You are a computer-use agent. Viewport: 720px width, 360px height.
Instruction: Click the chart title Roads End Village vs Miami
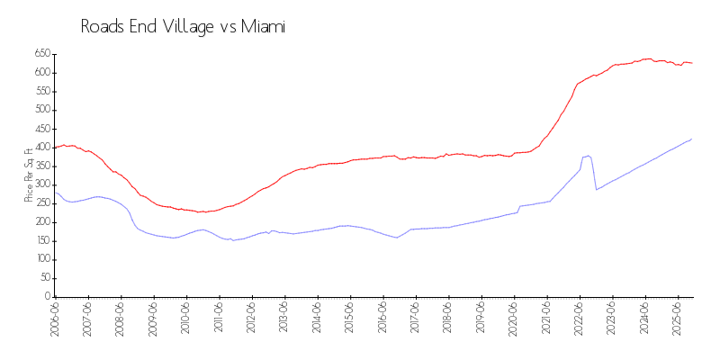pos(183,27)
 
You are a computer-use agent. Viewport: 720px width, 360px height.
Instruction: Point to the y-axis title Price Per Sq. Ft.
pos(29,175)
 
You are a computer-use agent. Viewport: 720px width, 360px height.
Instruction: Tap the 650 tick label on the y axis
pos(41,54)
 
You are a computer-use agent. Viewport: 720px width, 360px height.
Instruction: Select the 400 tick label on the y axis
pos(41,148)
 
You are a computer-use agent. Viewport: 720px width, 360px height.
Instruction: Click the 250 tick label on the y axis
pos(41,203)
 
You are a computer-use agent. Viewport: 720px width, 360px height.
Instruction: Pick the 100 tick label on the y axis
pos(41,259)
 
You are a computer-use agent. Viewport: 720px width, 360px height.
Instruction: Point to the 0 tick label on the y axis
pos(46,297)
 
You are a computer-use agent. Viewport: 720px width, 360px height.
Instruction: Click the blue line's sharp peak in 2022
pos(588,156)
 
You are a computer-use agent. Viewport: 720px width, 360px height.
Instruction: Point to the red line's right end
pos(692,63)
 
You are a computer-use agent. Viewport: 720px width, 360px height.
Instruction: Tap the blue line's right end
pos(692,139)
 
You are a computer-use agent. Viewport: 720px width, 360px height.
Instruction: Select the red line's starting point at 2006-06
pos(56,148)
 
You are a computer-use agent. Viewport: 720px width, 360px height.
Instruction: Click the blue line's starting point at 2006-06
pos(56,193)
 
